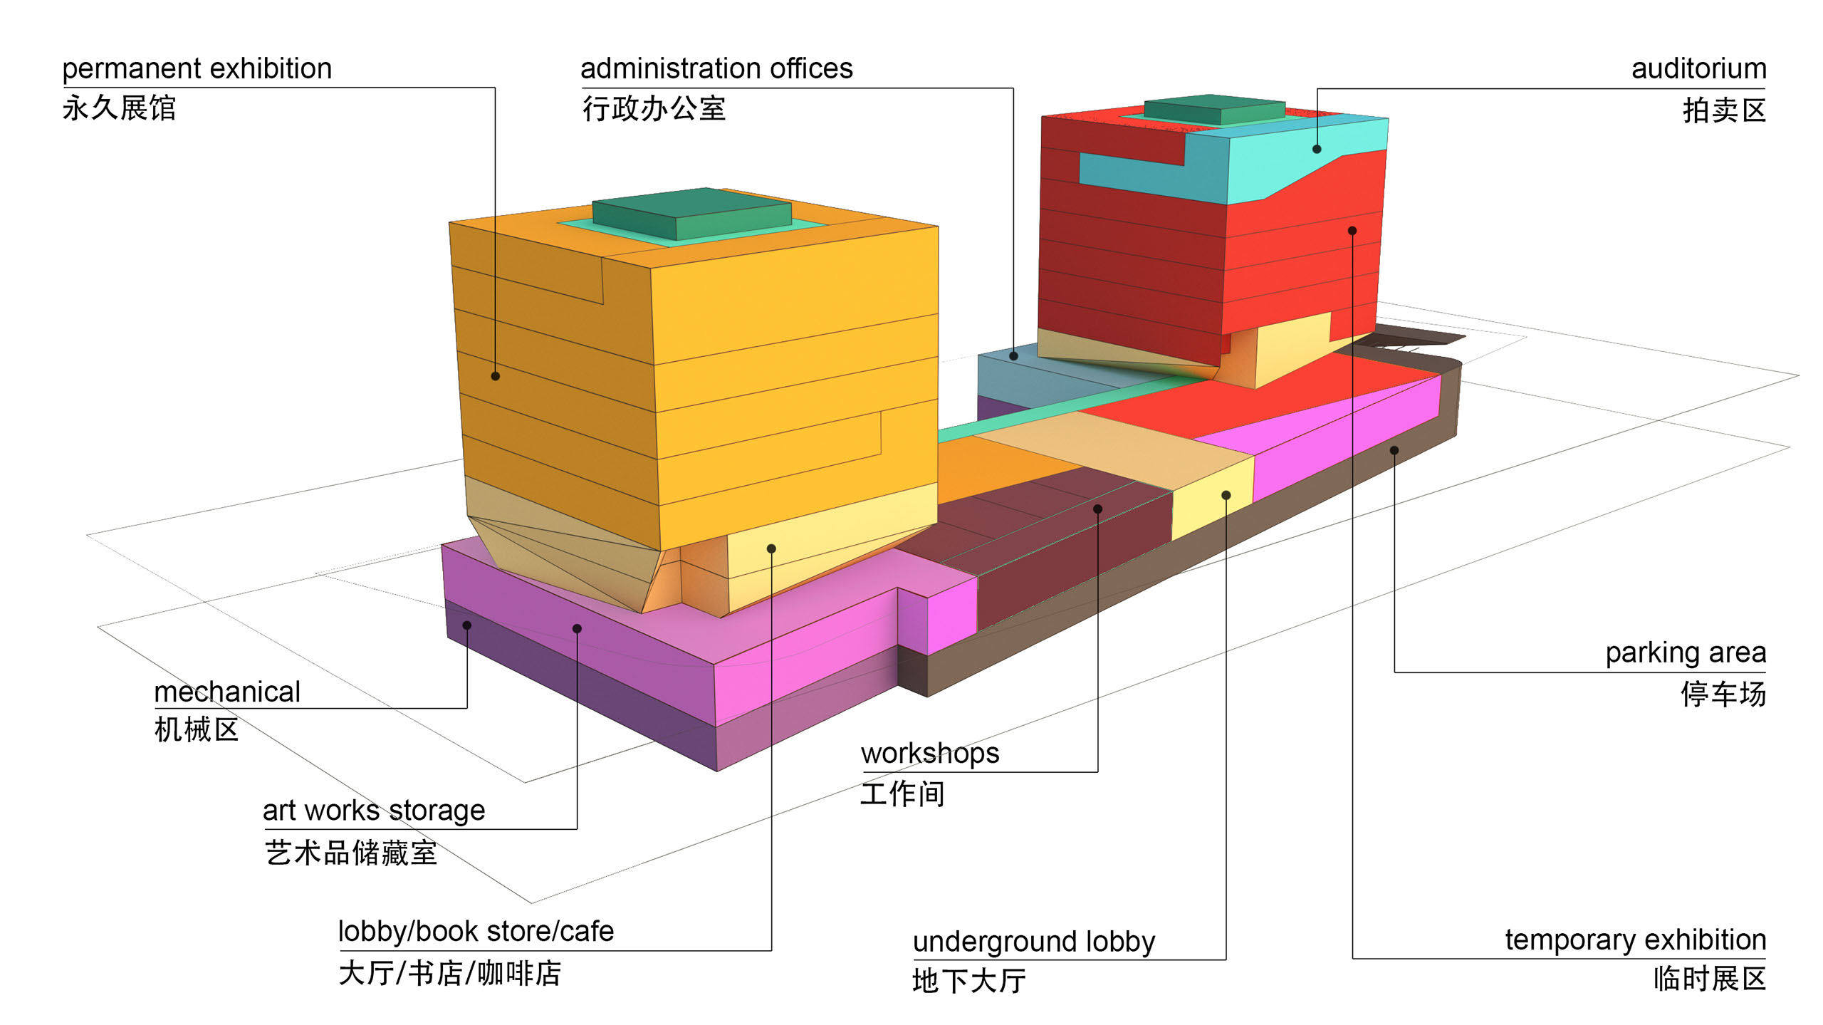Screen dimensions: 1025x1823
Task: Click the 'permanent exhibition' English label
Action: click(197, 69)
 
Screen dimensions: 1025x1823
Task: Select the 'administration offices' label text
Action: click(716, 69)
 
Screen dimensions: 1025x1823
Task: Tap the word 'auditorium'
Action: click(1698, 69)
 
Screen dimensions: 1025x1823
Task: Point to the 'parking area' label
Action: click(1685, 652)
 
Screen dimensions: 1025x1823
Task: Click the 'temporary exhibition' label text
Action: click(1635, 940)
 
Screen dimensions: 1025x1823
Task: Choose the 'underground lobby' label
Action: click(1034, 942)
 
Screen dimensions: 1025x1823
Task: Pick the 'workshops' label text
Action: click(930, 754)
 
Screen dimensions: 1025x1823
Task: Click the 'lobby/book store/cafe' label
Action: click(476, 932)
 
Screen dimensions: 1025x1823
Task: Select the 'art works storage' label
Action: click(374, 811)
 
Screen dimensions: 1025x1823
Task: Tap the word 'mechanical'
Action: click(227, 692)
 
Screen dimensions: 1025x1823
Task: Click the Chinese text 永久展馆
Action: click(119, 108)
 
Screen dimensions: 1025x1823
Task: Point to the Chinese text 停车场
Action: click(1723, 694)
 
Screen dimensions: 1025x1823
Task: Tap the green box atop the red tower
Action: click(1215, 110)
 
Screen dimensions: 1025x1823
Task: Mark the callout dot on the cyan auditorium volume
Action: click(1317, 150)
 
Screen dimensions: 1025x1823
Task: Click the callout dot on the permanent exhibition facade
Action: click(495, 376)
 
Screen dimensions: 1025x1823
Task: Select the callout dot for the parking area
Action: click(1394, 450)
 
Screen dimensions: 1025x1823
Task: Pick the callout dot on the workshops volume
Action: click(1097, 509)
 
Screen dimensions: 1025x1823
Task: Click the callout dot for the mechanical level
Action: click(467, 625)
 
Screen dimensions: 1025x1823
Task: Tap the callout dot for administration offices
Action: click(1013, 355)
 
